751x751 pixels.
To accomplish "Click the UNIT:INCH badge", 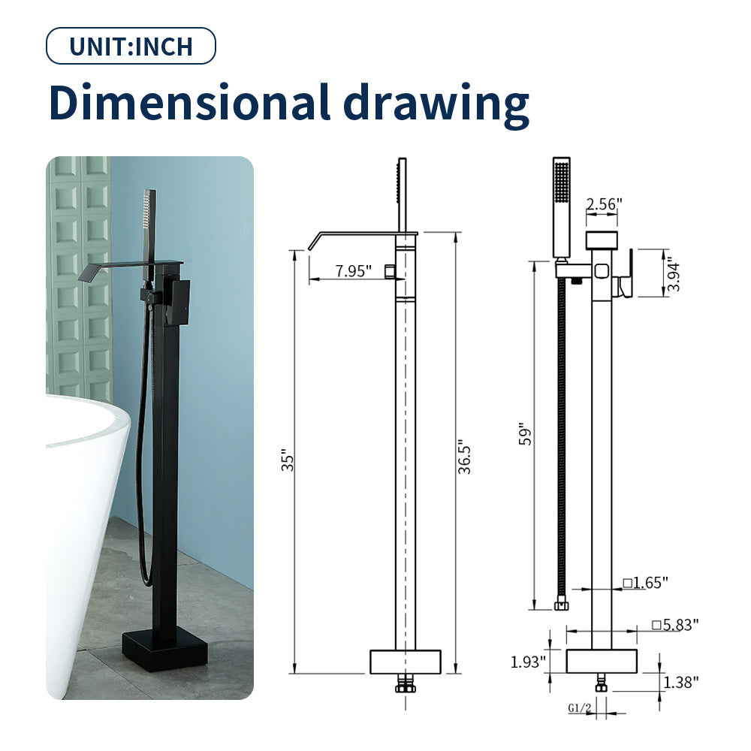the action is (x=131, y=46).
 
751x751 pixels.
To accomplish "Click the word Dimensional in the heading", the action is (x=190, y=102).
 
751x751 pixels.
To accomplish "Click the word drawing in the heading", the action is (x=436, y=105).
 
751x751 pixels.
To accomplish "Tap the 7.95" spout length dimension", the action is (x=354, y=271).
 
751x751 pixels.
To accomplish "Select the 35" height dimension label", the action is (x=288, y=460).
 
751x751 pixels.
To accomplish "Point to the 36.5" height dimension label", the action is (x=464, y=457).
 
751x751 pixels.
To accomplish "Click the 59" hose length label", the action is (x=525, y=434).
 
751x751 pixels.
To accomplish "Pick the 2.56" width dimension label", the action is (x=605, y=204).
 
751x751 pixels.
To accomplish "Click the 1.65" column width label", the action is (x=646, y=583).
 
